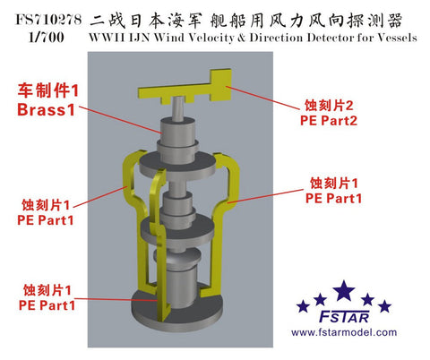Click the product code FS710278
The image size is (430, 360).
[x=48, y=20]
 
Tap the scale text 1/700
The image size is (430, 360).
[x=47, y=38]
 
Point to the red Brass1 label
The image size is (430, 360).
[x=46, y=109]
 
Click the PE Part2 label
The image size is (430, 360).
[x=329, y=121]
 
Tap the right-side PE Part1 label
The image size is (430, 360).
[x=333, y=198]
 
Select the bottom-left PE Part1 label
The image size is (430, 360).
[x=47, y=305]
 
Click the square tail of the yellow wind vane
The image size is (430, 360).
[x=221, y=84]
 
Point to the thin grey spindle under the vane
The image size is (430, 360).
[x=178, y=109]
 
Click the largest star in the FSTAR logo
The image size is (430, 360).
[x=344, y=291]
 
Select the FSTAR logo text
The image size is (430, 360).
[x=344, y=316]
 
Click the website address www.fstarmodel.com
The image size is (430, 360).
[x=344, y=332]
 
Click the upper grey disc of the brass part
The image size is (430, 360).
[x=177, y=165]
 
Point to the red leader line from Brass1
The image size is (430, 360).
[x=120, y=120]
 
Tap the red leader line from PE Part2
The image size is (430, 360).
[x=263, y=98]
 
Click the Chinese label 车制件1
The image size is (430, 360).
[x=48, y=90]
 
